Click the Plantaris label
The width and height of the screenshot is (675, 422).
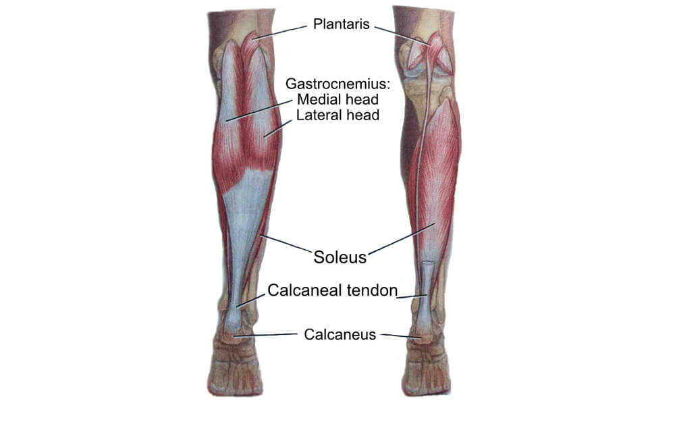(341, 24)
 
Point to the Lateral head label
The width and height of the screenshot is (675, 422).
(337, 115)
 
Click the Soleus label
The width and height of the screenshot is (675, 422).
(340, 257)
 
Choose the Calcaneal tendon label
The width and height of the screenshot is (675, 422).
(332, 290)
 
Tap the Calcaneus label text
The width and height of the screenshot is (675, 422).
(340, 334)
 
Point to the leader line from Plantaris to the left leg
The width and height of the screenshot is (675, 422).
(280, 32)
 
